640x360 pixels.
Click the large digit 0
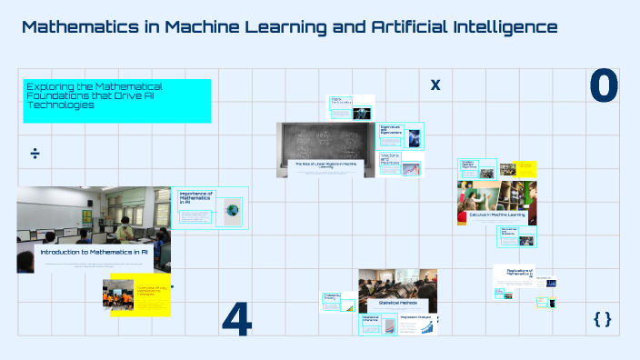pos(604,85)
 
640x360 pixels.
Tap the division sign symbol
pos(35,153)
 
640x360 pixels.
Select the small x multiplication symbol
pos(435,85)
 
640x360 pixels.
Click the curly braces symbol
pos(602,319)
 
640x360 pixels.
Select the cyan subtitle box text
pos(116,96)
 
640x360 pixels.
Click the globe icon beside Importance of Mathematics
pos(233,210)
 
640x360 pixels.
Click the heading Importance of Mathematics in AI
pos(195,196)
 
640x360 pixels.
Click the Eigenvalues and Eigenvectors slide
pos(400,135)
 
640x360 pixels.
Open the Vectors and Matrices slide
pos(400,165)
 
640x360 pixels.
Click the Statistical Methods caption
pos(397,303)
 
